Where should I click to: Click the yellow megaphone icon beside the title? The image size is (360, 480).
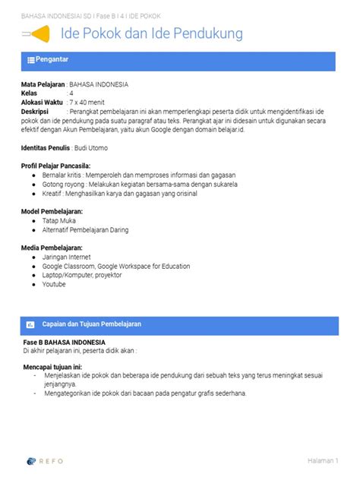coord(39,34)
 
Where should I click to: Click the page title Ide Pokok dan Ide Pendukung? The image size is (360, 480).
coord(151,34)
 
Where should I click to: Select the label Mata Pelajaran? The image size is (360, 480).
coord(43,84)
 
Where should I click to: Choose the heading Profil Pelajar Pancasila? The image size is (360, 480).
coord(56,165)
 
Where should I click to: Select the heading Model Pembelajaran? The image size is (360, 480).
coord(52,211)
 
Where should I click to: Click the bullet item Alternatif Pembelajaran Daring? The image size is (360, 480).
coord(85,229)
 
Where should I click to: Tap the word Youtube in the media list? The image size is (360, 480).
coord(54,284)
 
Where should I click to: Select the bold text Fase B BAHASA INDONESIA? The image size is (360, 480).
coord(64,343)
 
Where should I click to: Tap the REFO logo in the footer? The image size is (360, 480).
coord(44,460)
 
